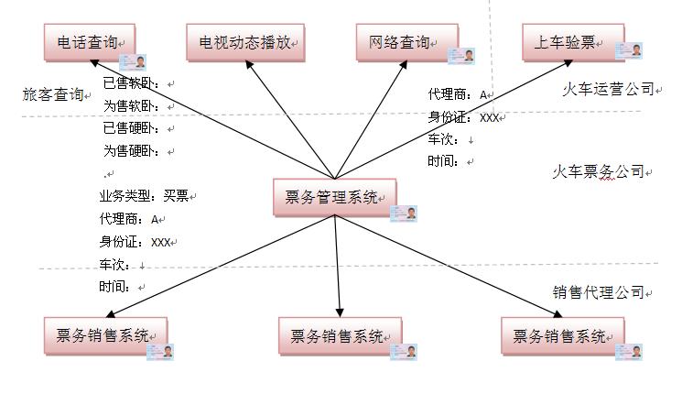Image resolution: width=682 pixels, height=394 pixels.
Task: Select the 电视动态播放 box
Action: pyautogui.click(x=244, y=42)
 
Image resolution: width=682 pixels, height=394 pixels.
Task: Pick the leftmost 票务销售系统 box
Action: pyautogui.click(x=105, y=335)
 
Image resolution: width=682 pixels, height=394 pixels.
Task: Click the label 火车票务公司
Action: pyautogui.click(x=598, y=171)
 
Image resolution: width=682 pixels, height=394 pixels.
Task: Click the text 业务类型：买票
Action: pyautogui.click(x=145, y=196)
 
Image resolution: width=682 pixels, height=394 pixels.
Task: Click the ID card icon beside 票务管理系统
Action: pyautogui.click(x=404, y=213)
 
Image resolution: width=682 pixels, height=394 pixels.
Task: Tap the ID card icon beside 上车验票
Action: pyautogui.click(x=637, y=56)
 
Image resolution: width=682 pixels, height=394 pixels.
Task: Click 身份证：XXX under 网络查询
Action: pyautogui.click(x=463, y=117)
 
